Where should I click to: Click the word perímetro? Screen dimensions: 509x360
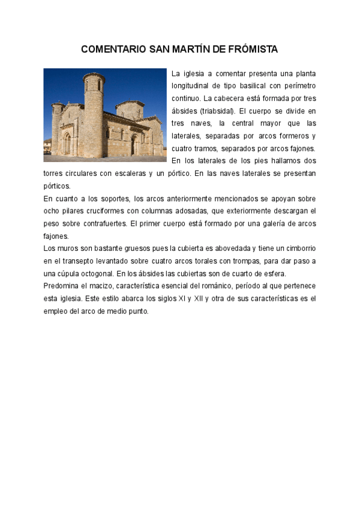pos(299,86)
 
